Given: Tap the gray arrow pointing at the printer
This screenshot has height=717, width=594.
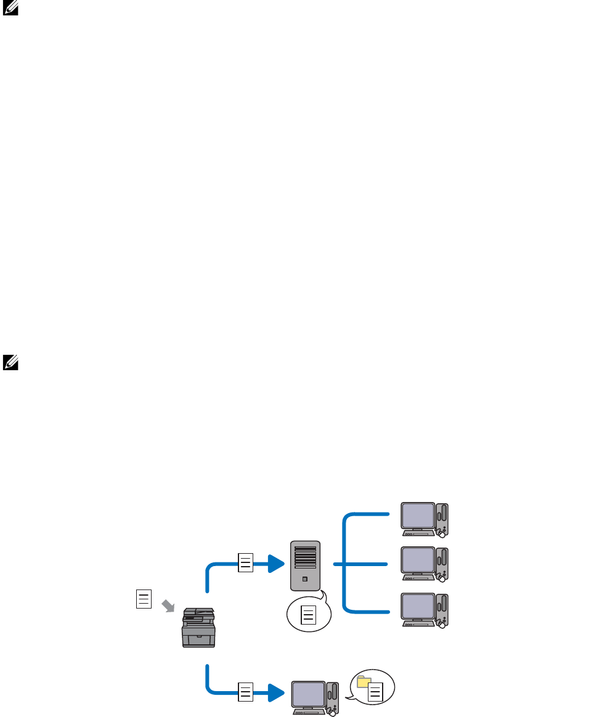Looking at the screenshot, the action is point(168,606).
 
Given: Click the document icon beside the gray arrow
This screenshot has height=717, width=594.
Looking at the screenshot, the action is point(144,599).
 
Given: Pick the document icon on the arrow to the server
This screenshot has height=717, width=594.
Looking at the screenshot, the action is point(245,563).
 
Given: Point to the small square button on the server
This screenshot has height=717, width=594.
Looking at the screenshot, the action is point(306,579).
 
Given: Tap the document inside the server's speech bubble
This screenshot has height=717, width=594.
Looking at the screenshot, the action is point(308,615).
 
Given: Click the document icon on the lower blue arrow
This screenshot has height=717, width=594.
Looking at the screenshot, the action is point(245,692).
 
